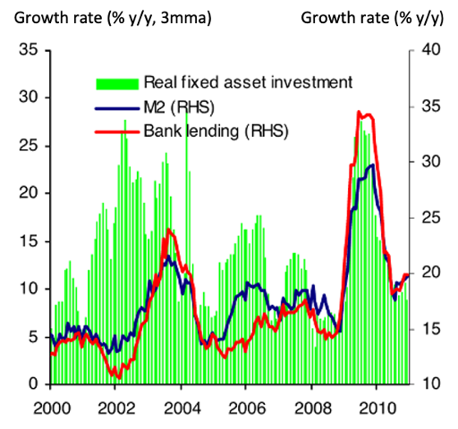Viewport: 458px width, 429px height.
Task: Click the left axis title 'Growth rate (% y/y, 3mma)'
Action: coord(106,16)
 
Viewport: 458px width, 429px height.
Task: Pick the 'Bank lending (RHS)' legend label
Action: coord(204,132)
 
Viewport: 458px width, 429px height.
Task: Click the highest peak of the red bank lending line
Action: coord(359,112)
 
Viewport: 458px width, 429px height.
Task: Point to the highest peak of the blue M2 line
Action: coord(371,164)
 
